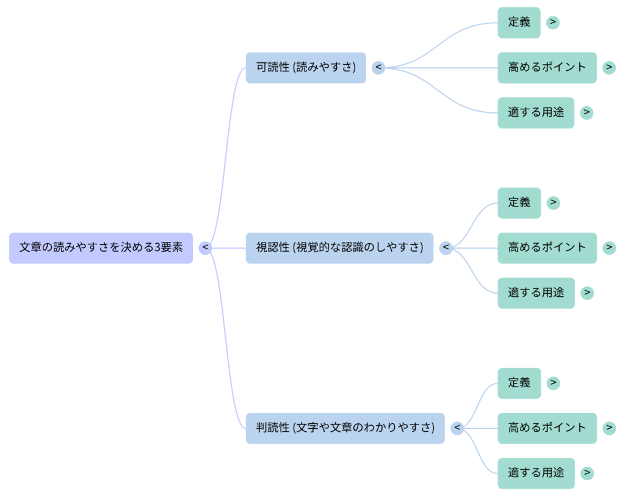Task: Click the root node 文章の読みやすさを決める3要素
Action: [101, 248]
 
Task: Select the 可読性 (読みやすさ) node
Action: [306, 67]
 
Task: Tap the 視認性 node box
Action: [339, 248]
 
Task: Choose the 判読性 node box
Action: [345, 428]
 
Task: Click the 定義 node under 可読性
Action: [519, 23]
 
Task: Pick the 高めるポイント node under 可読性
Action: [547, 67]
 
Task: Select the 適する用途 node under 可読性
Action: [536, 112]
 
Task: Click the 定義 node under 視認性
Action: [519, 203]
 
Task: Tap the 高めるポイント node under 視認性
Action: [547, 248]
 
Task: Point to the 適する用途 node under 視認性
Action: [536, 293]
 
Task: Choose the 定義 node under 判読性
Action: [519, 383]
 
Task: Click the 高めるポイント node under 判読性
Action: [547, 428]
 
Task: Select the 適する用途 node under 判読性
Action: [536, 473]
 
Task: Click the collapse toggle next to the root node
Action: [206, 248]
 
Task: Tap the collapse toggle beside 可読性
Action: [378, 67]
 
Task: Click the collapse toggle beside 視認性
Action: [446, 248]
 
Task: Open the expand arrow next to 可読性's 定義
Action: [553, 23]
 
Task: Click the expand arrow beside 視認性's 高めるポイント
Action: [609, 248]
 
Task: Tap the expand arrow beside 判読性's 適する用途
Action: [587, 473]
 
